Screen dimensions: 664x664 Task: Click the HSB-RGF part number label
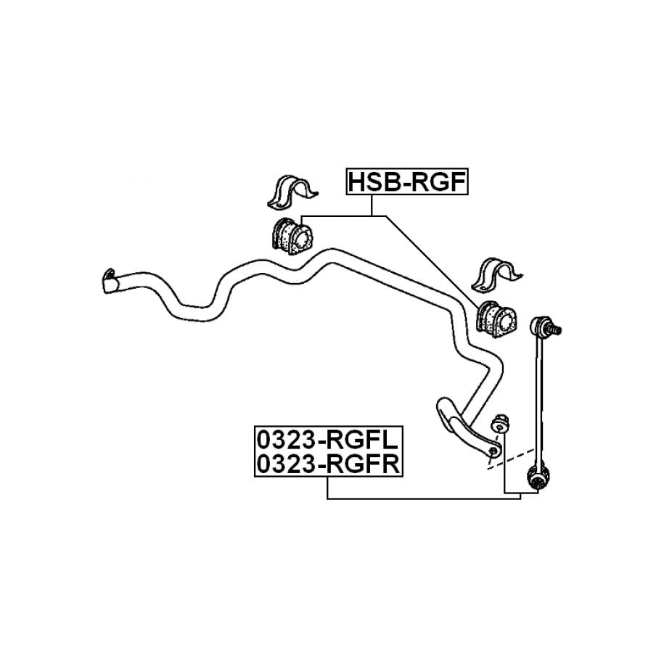coord(406,182)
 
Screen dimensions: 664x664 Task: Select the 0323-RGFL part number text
coord(327,440)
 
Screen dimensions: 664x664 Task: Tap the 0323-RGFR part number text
coord(327,464)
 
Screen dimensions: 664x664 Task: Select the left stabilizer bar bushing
coord(290,235)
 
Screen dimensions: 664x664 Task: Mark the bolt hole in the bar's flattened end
coord(492,452)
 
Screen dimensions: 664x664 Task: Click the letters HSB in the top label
coord(372,182)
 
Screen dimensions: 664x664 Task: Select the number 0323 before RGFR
coord(284,464)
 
